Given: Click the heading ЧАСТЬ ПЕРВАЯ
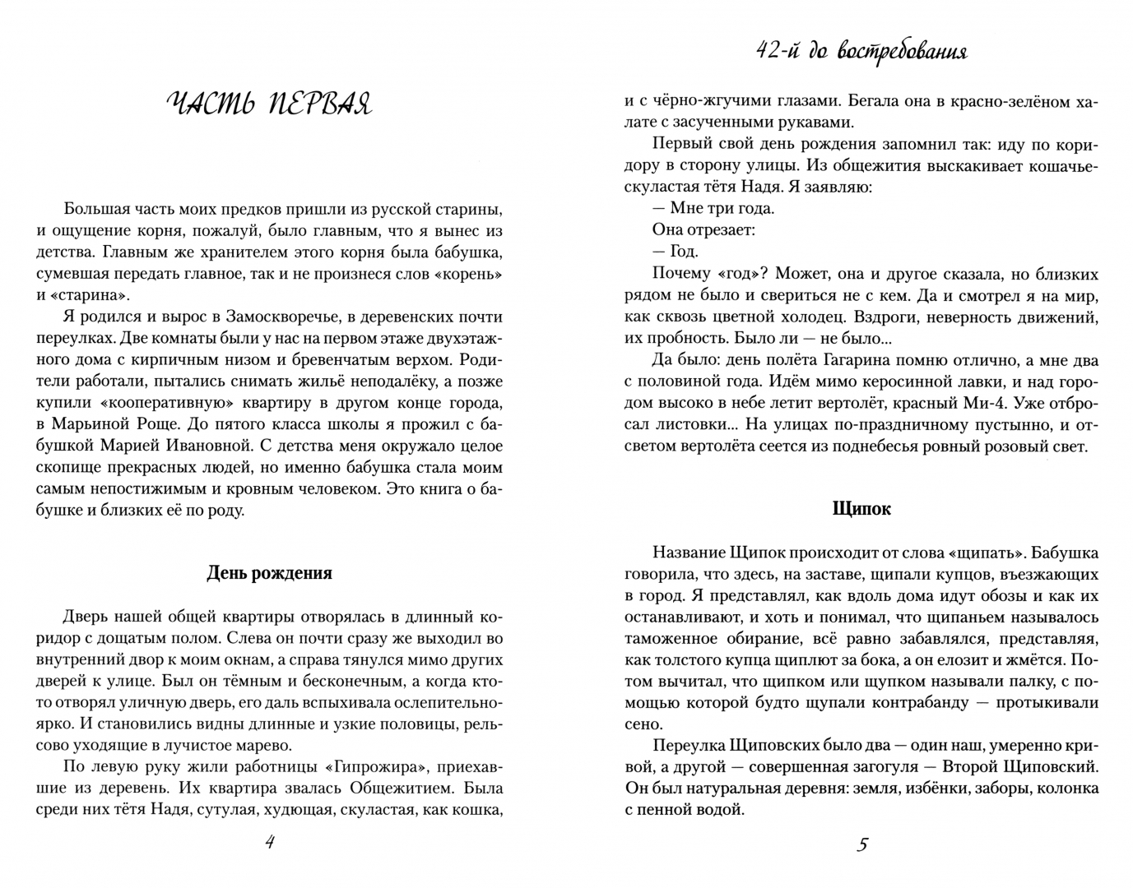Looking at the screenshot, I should [269, 104].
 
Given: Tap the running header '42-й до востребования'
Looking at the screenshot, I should [861, 51].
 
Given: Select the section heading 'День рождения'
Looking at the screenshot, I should [269, 573].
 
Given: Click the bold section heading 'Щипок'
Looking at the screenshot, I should [861, 509].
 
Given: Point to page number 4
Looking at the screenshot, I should [269, 843].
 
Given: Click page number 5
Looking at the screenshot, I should [862, 843].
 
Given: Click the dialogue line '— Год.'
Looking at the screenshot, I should [676, 252].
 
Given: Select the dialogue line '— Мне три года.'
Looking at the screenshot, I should [713, 208].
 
